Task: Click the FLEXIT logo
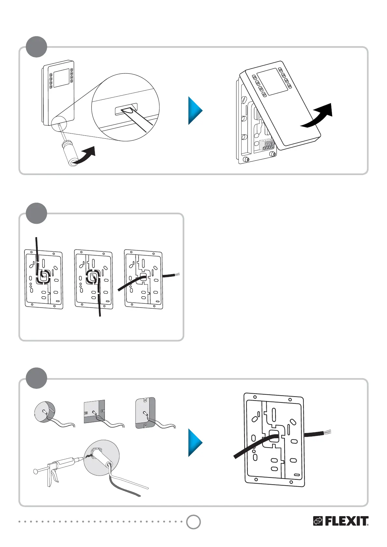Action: point(341,521)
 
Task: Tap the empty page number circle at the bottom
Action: point(193,522)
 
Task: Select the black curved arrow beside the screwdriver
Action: point(85,154)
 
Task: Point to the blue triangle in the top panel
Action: point(194,110)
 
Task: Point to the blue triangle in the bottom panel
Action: point(194,442)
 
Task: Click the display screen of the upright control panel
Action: point(60,78)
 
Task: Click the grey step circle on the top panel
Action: point(36,47)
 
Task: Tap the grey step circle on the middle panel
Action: point(36,213)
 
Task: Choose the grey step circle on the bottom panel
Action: point(36,378)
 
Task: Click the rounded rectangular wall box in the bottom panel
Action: point(145,412)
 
